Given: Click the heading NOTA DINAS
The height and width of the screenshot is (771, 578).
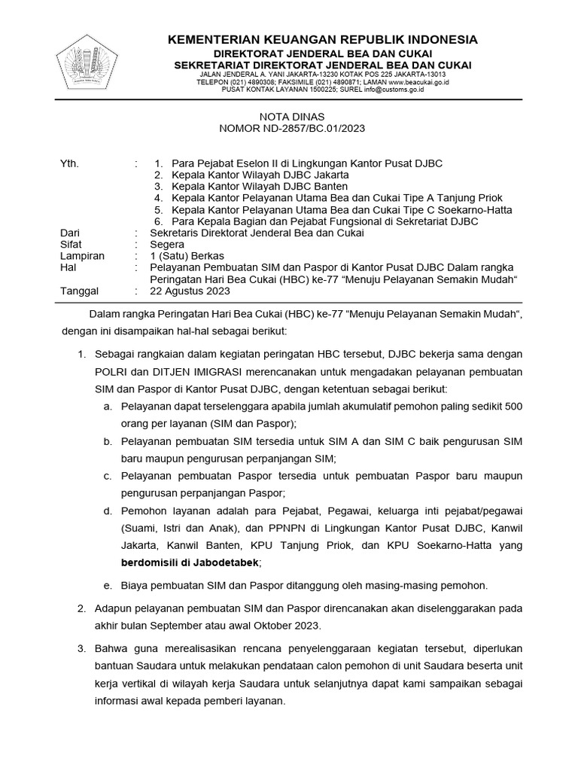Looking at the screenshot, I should (x=291, y=117).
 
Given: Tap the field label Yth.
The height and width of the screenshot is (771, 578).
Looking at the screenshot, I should (x=68, y=163).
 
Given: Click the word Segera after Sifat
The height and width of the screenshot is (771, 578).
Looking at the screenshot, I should (x=167, y=245).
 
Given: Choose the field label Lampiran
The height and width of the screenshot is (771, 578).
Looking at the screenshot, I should (x=82, y=256).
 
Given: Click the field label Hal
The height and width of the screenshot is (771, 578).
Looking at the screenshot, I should (x=67, y=268).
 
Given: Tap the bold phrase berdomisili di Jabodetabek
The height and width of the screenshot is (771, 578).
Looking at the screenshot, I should (x=190, y=562).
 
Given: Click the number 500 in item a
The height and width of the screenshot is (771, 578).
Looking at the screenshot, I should (x=514, y=407).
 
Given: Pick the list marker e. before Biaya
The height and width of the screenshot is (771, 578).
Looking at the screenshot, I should (x=108, y=585).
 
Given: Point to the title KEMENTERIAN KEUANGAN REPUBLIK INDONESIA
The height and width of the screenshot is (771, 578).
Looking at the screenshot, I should (x=322, y=39).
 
